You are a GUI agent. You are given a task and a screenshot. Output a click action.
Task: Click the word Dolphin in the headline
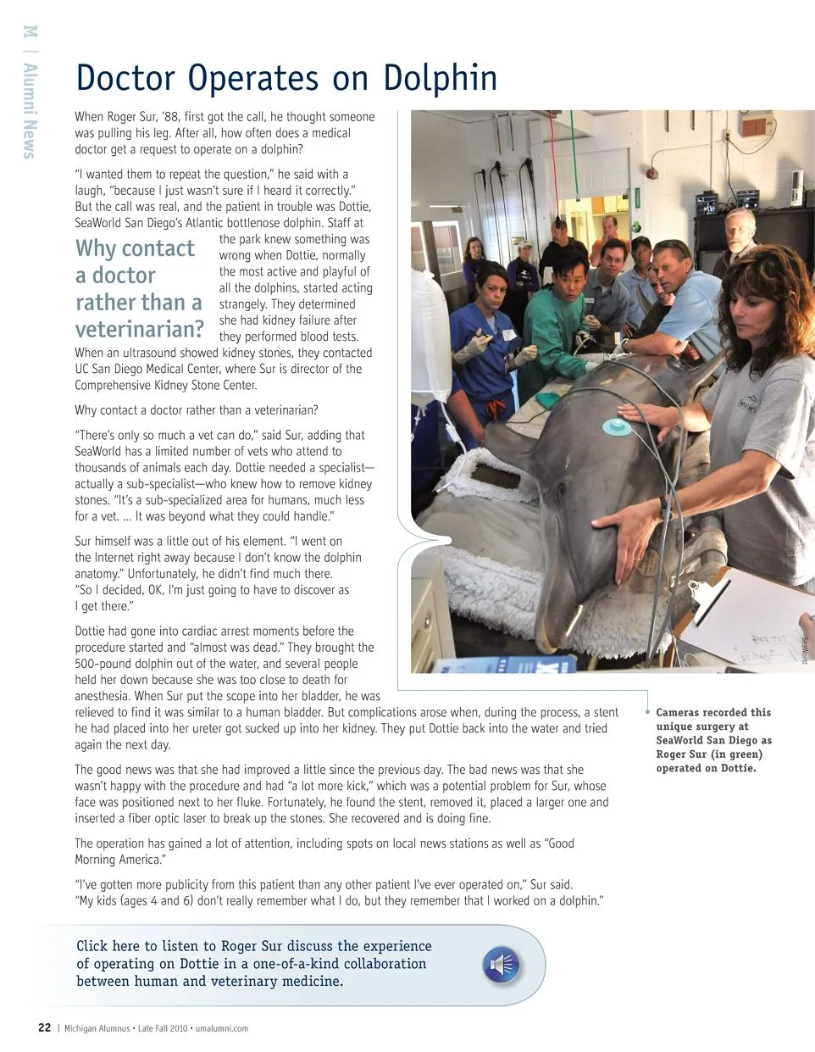tap(440, 78)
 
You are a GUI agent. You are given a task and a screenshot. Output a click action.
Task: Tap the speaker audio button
tap(501, 965)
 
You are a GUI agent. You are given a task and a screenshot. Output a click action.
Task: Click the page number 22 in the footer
tap(44, 1028)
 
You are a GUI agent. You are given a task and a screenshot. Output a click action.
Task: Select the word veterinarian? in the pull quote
tap(140, 329)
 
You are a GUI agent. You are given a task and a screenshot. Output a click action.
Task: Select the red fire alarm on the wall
tap(651, 173)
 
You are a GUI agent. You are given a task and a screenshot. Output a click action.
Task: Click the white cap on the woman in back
tap(524, 245)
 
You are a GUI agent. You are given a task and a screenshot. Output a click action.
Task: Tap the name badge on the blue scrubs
tap(509, 335)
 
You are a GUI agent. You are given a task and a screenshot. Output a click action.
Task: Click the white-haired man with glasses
tap(739, 231)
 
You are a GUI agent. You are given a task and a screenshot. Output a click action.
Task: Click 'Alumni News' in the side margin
tap(30, 110)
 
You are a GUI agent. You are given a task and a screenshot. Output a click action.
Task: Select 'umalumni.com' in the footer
tap(222, 1028)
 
